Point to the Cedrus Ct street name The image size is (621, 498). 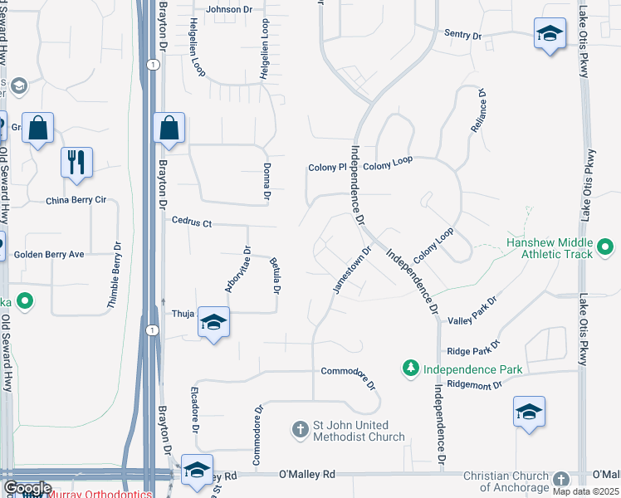pyautogui.click(x=192, y=222)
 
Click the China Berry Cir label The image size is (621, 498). pyautogui.click(x=76, y=200)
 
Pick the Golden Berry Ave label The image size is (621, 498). pyautogui.click(x=49, y=255)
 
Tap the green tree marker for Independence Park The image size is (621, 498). pyautogui.click(x=410, y=367)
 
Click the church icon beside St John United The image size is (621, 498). pyautogui.click(x=301, y=429)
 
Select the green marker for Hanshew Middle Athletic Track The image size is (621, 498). pyautogui.click(x=606, y=247)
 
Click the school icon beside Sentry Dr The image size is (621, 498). pyautogui.click(x=548, y=34)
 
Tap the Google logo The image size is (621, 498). pyautogui.click(x=27, y=487)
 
